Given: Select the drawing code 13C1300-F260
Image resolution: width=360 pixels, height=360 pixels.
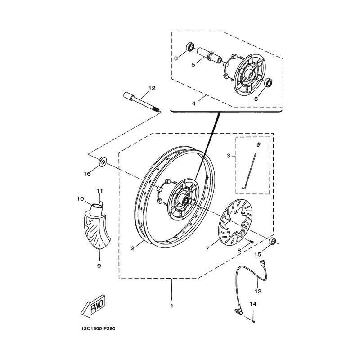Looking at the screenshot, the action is [x=98, y=328].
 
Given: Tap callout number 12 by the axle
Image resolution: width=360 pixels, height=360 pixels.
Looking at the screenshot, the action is [x=152, y=88].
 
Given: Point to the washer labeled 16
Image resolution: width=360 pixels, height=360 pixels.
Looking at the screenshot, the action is [x=103, y=162].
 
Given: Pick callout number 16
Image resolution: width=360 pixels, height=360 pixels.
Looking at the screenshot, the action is [x=87, y=174].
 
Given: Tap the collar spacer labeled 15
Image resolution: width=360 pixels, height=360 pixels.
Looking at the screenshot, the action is [x=273, y=242].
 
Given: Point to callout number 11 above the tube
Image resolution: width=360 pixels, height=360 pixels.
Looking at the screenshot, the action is [x=99, y=191].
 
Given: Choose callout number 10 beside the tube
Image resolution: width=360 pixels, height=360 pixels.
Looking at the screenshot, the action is [x=81, y=199].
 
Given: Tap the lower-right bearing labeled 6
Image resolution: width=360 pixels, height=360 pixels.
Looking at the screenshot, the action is [x=268, y=83].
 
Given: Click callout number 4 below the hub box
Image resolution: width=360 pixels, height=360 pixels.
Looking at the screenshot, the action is [x=194, y=103].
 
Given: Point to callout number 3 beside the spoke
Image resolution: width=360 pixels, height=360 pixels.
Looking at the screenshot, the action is [x=228, y=156].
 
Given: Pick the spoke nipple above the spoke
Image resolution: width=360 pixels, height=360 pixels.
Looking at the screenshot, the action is [x=258, y=145].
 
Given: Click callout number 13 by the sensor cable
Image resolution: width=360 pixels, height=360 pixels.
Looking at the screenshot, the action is [x=258, y=291].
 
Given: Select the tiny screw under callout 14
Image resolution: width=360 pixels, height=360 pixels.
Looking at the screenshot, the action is [x=253, y=321].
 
